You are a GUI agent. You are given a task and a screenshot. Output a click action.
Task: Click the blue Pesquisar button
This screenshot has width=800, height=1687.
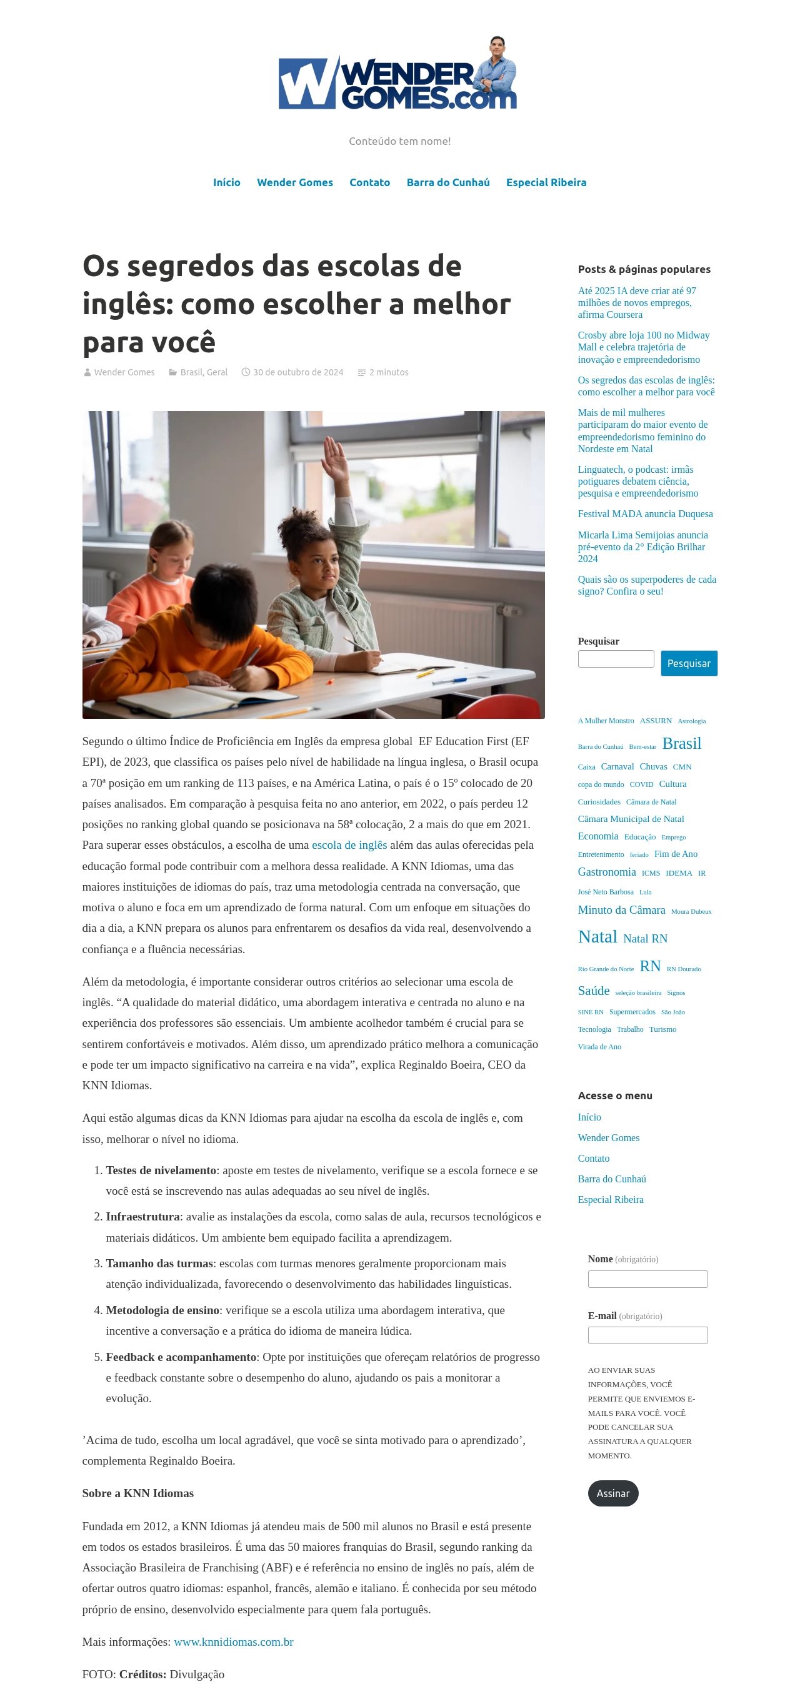689,663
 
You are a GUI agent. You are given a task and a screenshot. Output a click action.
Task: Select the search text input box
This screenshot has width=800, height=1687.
615,659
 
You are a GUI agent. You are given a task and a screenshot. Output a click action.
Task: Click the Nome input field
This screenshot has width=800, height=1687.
647,1279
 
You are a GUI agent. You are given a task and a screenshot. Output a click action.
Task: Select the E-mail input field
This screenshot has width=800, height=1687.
647,1335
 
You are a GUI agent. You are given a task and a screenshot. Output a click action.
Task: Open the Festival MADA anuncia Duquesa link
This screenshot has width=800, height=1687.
645,514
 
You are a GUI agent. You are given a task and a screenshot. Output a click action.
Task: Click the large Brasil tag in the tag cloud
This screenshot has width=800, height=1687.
681,744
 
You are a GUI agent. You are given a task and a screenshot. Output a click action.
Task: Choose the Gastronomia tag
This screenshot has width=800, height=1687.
607,872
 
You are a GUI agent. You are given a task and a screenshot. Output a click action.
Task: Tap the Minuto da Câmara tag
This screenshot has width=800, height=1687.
621,910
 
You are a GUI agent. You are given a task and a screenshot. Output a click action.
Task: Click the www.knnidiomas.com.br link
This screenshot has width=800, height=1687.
233,1642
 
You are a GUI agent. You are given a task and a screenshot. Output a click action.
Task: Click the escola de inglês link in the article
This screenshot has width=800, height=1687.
349,846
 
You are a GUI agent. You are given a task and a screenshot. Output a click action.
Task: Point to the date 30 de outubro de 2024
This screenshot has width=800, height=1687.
298,373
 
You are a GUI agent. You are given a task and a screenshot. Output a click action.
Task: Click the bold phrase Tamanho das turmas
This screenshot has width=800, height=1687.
159,1264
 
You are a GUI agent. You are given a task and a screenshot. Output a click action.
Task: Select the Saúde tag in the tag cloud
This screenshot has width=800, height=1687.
594,991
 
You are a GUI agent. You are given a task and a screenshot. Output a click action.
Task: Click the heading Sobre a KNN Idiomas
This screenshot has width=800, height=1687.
137,1493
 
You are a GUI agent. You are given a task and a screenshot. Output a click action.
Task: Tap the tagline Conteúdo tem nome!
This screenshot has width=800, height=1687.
399,141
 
